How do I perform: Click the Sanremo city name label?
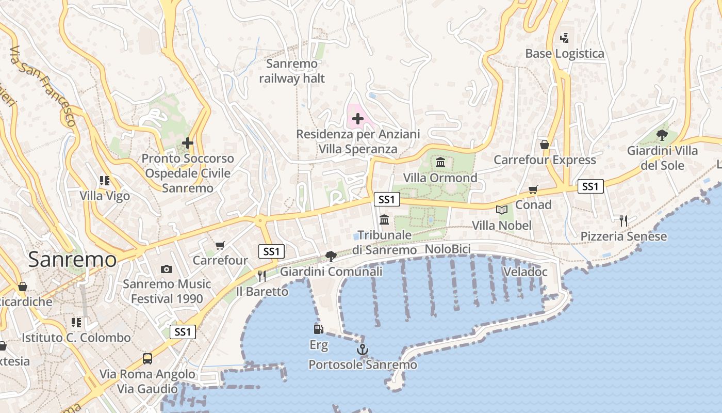click(x=72, y=259)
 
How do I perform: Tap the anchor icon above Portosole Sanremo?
click(x=363, y=350)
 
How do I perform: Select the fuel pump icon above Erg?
click(x=318, y=329)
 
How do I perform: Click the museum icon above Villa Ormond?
click(x=440, y=163)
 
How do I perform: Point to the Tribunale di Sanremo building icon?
click(x=384, y=220)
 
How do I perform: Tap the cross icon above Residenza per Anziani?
click(x=357, y=119)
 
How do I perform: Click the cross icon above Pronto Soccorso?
click(x=188, y=143)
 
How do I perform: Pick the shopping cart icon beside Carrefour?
click(x=220, y=245)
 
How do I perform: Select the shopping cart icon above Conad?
click(x=533, y=189)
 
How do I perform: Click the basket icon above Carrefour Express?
click(x=544, y=145)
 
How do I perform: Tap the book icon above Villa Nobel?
click(x=501, y=210)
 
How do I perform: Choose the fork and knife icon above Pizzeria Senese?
click(x=623, y=221)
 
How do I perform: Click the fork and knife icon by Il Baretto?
click(x=261, y=276)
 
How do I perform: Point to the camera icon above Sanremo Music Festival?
click(x=166, y=268)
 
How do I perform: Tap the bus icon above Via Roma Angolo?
click(x=147, y=358)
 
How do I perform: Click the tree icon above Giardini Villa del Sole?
click(x=662, y=135)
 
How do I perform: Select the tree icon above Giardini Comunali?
click(x=331, y=256)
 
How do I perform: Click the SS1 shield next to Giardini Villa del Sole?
click(x=590, y=186)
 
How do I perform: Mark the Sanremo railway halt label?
click(x=292, y=71)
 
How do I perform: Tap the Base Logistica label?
click(x=564, y=54)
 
